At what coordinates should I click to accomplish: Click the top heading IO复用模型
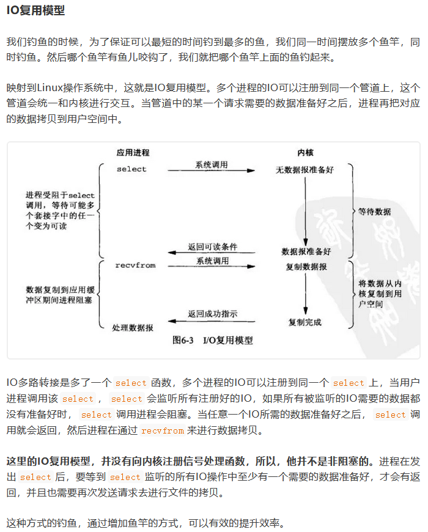coord(35,11)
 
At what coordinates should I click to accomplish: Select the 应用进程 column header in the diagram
coord(133,152)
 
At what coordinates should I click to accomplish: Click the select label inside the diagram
coord(131,169)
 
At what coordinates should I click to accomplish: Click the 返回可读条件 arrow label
coord(212,247)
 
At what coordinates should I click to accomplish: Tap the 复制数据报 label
coord(306,267)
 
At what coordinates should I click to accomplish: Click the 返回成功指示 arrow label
coord(212,314)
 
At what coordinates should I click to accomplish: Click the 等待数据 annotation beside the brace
coord(374,212)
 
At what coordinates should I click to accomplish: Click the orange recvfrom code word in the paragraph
coord(162,430)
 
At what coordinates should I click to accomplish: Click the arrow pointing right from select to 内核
coord(212,171)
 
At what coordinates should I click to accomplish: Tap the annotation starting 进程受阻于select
coord(60,210)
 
